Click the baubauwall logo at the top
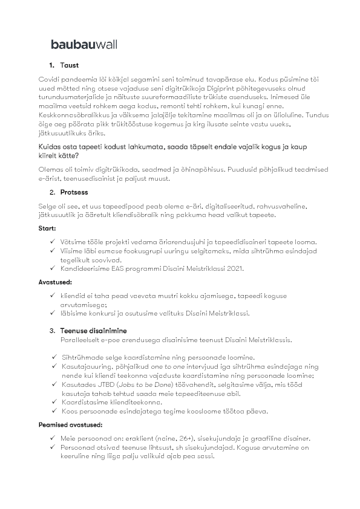[x=84, y=44]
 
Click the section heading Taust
[x=70, y=65]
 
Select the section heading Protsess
[x=74, y=192]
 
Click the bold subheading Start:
[x=48, y=230]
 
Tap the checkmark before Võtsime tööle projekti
[x=54, y=242]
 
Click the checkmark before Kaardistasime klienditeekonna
[x=54, y=401]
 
